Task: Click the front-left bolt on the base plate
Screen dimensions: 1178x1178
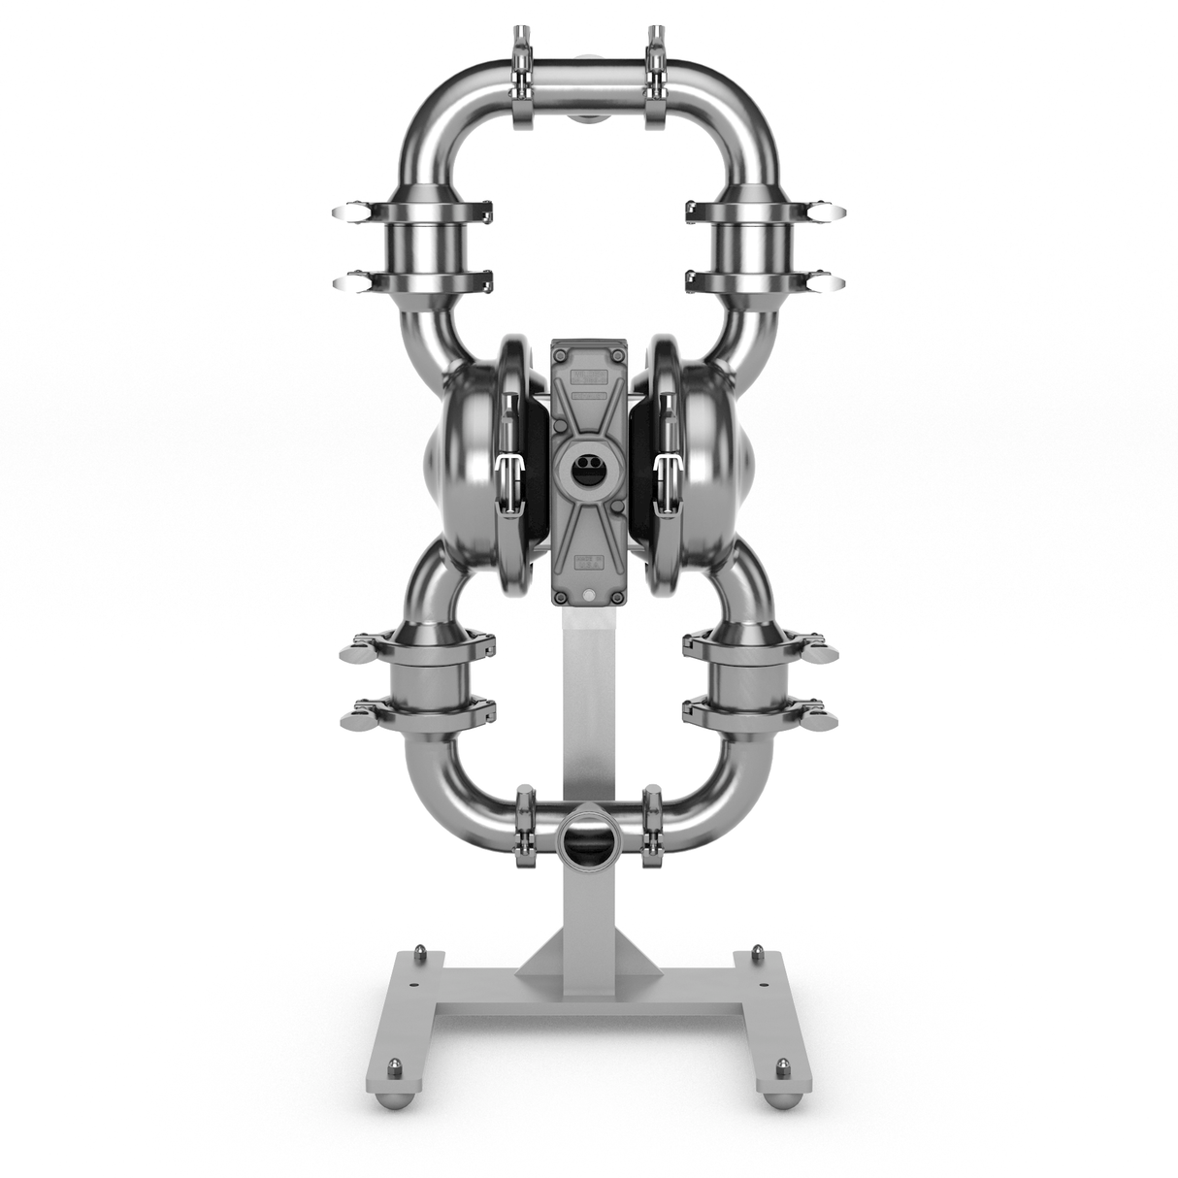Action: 394,1066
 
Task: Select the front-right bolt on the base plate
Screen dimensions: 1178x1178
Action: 781,1066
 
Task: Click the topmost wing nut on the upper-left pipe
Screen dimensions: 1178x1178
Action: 345,212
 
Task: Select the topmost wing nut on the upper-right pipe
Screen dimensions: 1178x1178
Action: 831,212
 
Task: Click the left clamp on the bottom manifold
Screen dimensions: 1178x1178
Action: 527,828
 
